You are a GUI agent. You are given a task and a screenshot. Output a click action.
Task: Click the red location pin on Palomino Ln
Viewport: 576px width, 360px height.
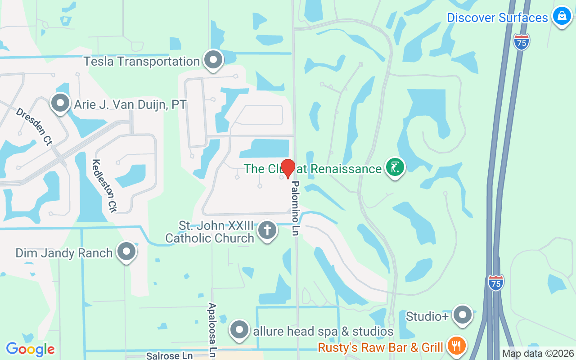[288, 168]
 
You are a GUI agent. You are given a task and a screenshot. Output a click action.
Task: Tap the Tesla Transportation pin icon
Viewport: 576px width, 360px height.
[213, 60]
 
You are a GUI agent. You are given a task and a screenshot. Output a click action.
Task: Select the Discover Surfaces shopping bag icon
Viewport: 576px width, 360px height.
[562, 16]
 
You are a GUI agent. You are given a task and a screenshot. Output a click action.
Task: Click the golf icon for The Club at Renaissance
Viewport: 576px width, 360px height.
[395, 167]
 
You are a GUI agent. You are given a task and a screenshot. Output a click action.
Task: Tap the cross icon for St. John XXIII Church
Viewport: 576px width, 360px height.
[267, 230]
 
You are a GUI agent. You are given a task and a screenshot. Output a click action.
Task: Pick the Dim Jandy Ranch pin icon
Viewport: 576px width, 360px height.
[126, 252]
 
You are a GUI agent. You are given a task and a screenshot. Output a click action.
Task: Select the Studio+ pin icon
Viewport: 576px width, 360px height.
[462, 315]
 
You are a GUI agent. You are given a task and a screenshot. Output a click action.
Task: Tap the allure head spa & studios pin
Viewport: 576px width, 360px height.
[239, 330]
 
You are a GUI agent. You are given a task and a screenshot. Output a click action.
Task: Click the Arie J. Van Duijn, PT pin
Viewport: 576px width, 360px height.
[60, 103]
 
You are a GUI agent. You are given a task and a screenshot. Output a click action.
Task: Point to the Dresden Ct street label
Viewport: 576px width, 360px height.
[34, 126]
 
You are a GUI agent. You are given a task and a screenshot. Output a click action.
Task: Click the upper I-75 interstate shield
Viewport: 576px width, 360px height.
[521, 42]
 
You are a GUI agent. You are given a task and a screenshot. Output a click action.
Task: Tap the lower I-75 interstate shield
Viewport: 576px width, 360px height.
[495, 283]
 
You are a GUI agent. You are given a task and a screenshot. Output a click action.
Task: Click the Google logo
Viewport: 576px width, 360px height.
[30, 349]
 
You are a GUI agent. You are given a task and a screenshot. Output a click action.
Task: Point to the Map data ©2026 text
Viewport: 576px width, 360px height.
[538, 353]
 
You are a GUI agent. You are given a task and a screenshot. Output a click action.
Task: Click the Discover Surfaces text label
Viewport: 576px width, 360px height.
[497, 18]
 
